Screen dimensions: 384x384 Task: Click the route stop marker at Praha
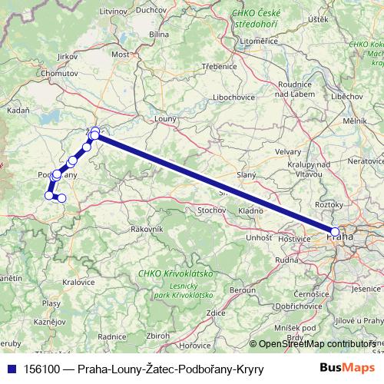[335, 231]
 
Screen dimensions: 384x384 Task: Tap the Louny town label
[165, 119]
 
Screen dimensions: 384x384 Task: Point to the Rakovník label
[147, 229]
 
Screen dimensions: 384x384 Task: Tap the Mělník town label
[355, 121]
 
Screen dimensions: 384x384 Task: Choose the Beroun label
[243, 290]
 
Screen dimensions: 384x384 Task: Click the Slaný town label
[247, 177]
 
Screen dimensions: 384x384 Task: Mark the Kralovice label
[78, 282]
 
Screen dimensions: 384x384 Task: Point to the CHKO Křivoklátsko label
[175, 273]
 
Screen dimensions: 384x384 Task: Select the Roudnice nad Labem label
[294, 89]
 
